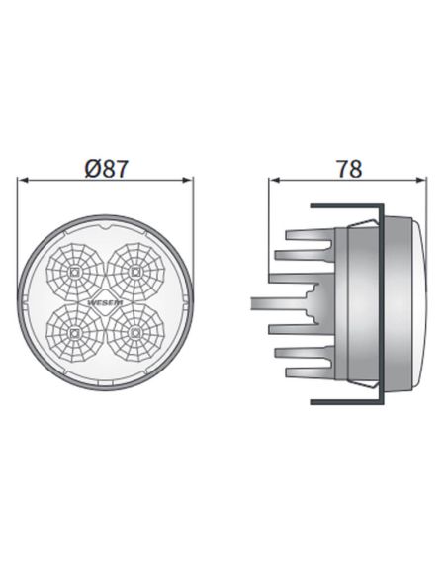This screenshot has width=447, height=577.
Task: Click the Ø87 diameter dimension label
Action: coord(107,170)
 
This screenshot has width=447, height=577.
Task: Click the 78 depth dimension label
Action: coord(348,169)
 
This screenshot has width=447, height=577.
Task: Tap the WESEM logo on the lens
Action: coord(106,293)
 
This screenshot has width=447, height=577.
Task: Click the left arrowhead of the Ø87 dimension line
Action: coord(24,182)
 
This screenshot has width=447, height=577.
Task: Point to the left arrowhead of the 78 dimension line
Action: coord(274,182)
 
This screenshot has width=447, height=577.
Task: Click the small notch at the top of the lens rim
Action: coord(106,226)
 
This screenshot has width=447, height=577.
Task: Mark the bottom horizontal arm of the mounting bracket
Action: coord(346,401)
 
